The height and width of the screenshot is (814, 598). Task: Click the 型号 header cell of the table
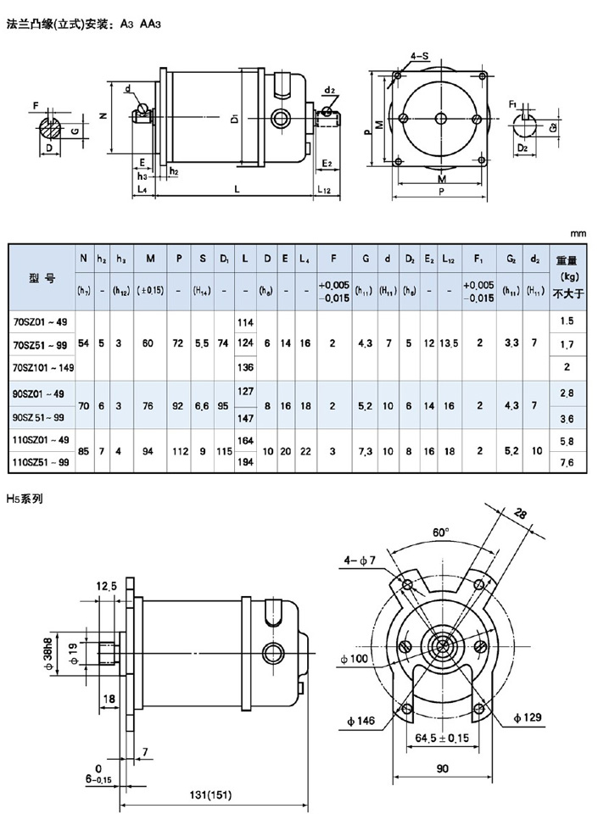click(42, 278)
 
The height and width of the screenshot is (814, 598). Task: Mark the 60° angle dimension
click(441, 533)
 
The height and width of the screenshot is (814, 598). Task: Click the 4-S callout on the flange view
click(419, 55)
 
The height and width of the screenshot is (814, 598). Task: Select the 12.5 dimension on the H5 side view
click(107, 585)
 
